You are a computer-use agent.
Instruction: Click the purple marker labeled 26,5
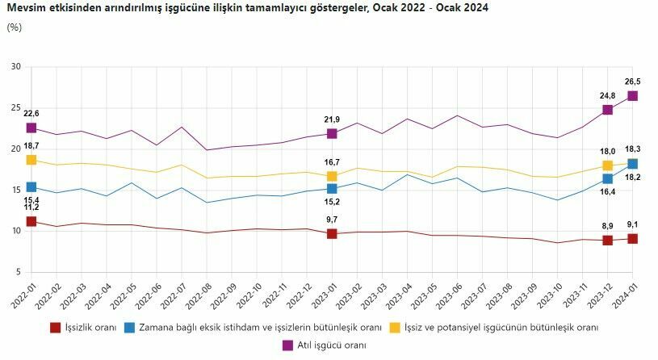point(633,95)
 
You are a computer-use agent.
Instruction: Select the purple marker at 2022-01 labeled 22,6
point(31,128)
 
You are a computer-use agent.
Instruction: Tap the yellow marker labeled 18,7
point(31,160)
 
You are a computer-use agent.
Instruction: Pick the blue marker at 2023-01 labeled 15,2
point(332,188)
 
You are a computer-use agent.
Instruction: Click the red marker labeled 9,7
point(332,233)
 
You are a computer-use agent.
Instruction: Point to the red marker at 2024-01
point(633,238)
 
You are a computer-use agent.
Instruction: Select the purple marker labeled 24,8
point(608,110)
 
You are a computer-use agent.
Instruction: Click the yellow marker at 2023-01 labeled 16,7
point(332,176)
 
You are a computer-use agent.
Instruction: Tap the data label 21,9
point(332,119)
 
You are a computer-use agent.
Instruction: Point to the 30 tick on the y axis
point(15,66)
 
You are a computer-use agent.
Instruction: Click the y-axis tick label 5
point(18,272)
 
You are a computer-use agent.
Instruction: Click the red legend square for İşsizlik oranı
point(56,328)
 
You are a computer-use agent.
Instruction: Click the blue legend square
point(130,328)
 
